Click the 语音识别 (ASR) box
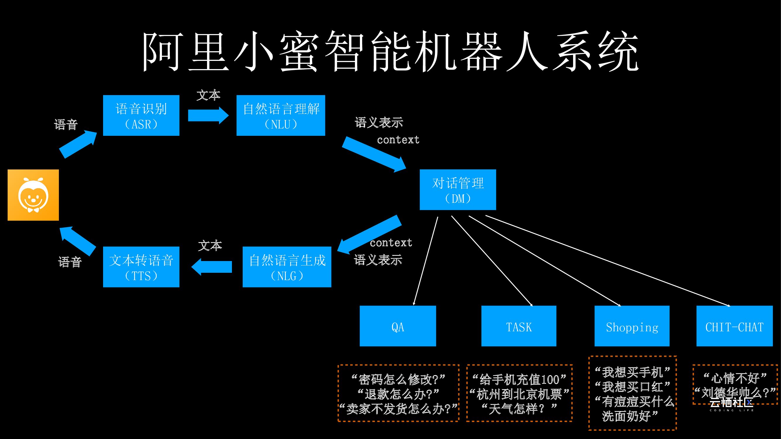tap(141, 115)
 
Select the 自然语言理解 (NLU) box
tap(281, 115)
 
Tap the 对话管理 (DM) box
tap(457, 190)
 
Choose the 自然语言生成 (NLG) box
tap(287, 267)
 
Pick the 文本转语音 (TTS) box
tap(141, 267)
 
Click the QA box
tap(397, 326)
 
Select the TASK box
tap(518, 326)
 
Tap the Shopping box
tap(632, 326)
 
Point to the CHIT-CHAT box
tap(734, 326)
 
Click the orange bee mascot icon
tap(33, 195)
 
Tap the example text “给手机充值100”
tap(519, 379)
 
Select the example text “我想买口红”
tap(632, 387)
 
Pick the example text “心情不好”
tap(735, 378)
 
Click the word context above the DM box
tap(398, 140)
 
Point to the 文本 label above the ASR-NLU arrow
tap(208, 95)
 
